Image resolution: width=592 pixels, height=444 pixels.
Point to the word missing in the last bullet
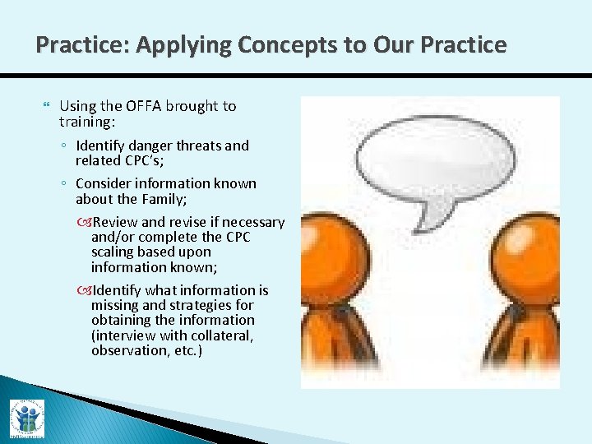pos(115,305)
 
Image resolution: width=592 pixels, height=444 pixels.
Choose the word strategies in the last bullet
pos(197,305)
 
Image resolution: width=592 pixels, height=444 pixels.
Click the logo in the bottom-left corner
pos(27,417)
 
